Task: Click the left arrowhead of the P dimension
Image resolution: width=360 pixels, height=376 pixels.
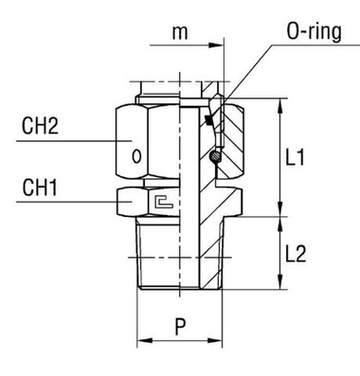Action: point(142,340)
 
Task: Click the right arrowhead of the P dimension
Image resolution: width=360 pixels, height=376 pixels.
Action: point(220,340)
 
